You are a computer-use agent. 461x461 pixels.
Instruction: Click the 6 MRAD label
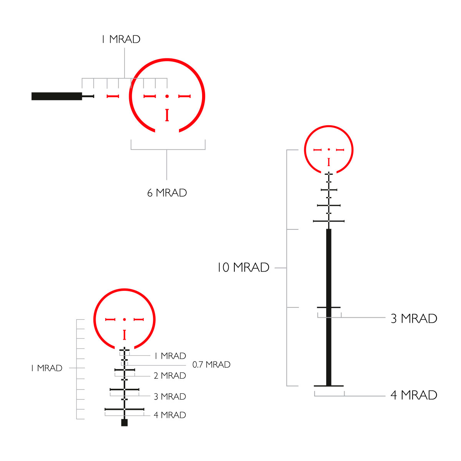167,192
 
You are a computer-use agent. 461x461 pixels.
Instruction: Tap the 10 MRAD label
243,267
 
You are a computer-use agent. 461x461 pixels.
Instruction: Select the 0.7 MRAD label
211,365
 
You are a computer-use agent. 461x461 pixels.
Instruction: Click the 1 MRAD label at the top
121,39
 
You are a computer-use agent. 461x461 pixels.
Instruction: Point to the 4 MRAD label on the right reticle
414,395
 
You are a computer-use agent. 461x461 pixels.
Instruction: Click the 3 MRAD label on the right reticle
414,318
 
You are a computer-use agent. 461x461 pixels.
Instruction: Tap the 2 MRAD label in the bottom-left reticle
170,376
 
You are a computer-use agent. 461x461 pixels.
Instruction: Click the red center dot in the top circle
167,96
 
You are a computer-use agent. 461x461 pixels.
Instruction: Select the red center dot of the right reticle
329,149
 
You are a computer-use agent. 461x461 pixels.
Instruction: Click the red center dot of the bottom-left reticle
124,319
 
